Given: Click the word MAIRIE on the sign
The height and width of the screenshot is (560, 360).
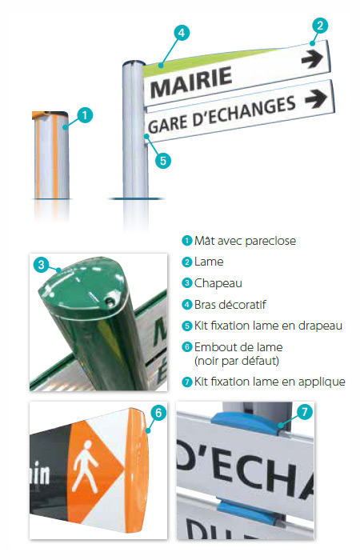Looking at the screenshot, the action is pyautogui.click(x=191, y=82).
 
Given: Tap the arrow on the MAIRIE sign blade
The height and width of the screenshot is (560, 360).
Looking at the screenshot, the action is pyautogui.click(x=312, y=58).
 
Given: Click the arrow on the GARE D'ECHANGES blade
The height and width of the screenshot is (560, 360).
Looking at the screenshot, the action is pyautogui.click(x=316, y=98).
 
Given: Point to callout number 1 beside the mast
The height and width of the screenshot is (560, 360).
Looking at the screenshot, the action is pyautogui.click(x=85, y=115).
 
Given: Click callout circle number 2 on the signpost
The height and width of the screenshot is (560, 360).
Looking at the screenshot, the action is pyautogui.click(x=320, y=26).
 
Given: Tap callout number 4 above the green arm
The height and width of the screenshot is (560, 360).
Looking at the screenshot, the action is pyautogui.click(x=182, y=33).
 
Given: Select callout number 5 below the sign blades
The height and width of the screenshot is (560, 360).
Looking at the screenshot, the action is pyautogui.click(x=163, y=160).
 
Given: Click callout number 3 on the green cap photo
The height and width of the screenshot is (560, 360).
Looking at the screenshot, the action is pyautogui.click(x=41, y=265).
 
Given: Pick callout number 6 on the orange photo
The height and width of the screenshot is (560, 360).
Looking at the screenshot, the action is pyautogui.click(x=158, y=413).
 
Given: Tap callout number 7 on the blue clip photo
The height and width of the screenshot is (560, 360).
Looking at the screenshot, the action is pyautogui.click(x=304, y=412).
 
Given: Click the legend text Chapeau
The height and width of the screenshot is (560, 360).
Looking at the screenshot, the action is pyautogui.click(x=218, y=283).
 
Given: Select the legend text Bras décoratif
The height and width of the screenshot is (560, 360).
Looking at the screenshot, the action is pyautogui.click(x=230, y=305).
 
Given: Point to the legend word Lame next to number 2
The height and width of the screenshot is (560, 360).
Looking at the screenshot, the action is pyautogui.click(x=209, y=262).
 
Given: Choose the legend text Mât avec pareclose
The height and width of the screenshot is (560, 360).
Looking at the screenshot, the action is pyautogui.click(x=246, y=241).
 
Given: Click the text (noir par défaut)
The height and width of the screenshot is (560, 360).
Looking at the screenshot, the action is pyautogui.click(x=237, y=361).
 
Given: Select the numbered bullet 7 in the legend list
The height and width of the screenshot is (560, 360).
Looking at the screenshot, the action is pyautogui.click(x=186, y=382).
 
